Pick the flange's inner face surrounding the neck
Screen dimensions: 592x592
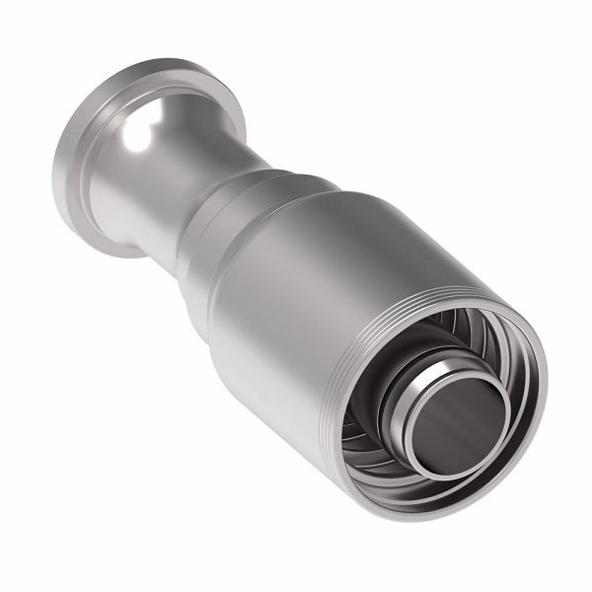tap(109, 178)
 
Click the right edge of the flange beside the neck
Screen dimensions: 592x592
tap(237, 109)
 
